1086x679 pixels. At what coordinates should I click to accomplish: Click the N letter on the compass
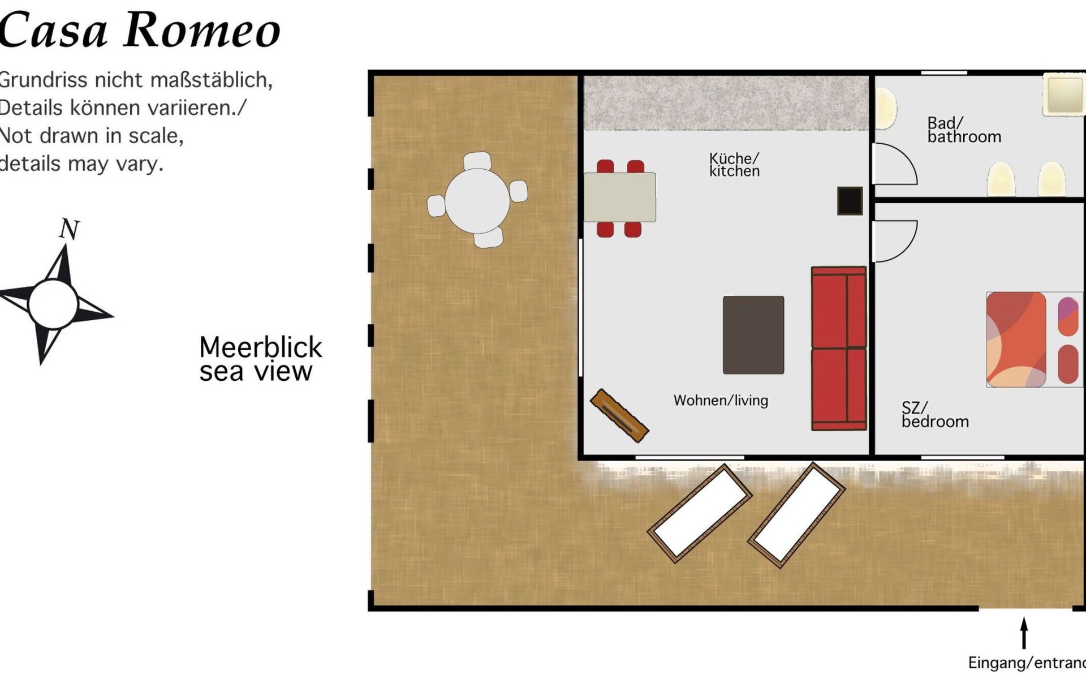[69, 229]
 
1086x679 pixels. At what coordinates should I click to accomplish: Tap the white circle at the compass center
[53, 304]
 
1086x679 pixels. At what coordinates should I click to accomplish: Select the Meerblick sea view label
[260, 359]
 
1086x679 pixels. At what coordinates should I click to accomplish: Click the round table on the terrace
[477, 200]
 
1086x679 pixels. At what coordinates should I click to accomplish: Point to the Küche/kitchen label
[734, 165]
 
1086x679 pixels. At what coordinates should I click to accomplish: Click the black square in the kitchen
[850, 201]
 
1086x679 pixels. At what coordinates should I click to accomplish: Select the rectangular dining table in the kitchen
[619, 197]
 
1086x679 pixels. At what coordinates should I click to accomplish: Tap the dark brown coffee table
[753, 335]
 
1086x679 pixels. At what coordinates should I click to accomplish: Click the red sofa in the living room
[839, 349]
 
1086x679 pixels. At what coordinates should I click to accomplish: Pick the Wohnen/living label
[721, 401]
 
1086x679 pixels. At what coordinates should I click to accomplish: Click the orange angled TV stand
[619, 416]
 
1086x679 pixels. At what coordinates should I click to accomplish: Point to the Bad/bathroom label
[964, 130]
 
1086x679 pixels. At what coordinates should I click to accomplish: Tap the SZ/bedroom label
[935, 415]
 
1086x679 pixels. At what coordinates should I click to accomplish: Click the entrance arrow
[1024, 633]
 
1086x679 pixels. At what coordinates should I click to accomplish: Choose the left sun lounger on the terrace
[700, 513]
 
